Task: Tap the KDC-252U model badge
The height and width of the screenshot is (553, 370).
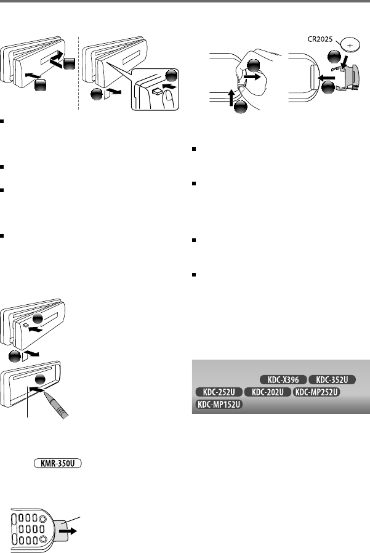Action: pyautogui.click(x=217, y=392)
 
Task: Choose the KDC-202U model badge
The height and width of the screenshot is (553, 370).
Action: pyautogui.click(x=267, y=392)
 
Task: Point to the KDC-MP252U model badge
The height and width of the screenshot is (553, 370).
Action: pyautogui.click(x=317, y=392)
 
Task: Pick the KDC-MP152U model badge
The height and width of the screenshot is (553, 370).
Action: pyautogui.click(x=218, y=405)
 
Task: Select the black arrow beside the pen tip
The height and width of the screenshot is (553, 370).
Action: pyautogui.click(x=38, y=389)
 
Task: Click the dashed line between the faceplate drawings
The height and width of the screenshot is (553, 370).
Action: pyautogui.click(x=79, y=74)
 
